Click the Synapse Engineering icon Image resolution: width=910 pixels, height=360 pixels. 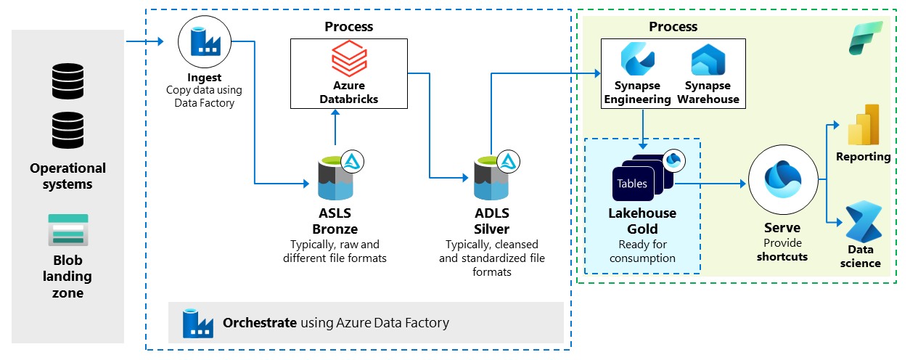click(x=638, y=61)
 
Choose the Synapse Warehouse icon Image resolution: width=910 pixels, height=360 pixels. click(x=708, y=61)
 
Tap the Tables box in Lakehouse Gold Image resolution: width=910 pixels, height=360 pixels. click(x=632, y=184)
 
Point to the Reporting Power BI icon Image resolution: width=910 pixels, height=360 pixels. click(x=864, y=125)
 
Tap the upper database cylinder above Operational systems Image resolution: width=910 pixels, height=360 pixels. click(x=67, y=81)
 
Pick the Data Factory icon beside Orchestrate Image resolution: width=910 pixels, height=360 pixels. click(x=196, y=323)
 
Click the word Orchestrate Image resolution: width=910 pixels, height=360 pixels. click(x=259, y=323)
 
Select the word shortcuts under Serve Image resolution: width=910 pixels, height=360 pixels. click(x=782, y=256)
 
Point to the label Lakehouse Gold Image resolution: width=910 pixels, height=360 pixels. click(x=641, y=220)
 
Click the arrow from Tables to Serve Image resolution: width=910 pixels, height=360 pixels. click(x=711, y=184)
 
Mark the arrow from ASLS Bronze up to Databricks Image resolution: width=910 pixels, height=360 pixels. click(x=335, y=131)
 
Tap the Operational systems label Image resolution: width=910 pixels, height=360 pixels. click(x=67, y=176)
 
